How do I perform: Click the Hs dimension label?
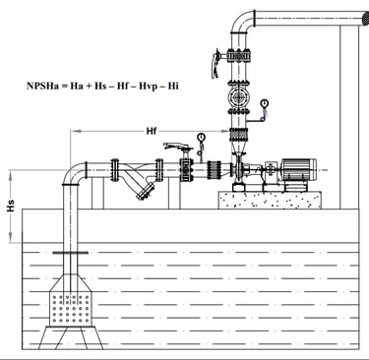11,206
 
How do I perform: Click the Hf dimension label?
151,132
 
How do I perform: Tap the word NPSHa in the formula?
42,86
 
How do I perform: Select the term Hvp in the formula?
149,87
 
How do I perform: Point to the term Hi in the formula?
173,86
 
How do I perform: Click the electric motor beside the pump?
298,170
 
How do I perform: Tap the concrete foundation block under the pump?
270,200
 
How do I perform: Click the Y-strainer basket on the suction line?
146,192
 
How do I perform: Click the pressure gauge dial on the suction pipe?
201,136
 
